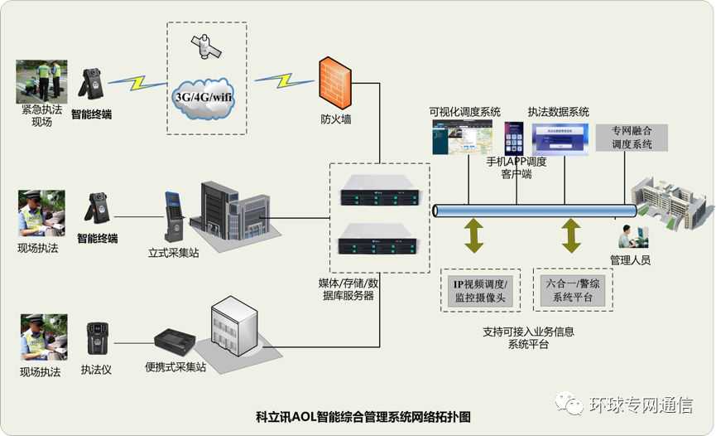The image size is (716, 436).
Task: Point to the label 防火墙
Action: click(x=336, y=119)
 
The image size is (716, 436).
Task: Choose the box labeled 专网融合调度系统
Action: click(x=632, y=138)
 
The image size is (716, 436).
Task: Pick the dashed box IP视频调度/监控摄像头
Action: click(x=481, y=290)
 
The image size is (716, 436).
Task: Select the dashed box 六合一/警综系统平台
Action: click(x=574, y=290)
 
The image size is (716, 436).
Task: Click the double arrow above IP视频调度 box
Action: click(x=474, y=235)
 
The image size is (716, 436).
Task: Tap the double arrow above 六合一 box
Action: click(x=571, y=235)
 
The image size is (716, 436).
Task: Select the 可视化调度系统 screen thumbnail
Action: click(x=462, y=137)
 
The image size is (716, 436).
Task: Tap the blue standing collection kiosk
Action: click(x=172, y=216)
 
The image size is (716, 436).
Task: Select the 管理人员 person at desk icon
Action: click(x=630, y=238)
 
